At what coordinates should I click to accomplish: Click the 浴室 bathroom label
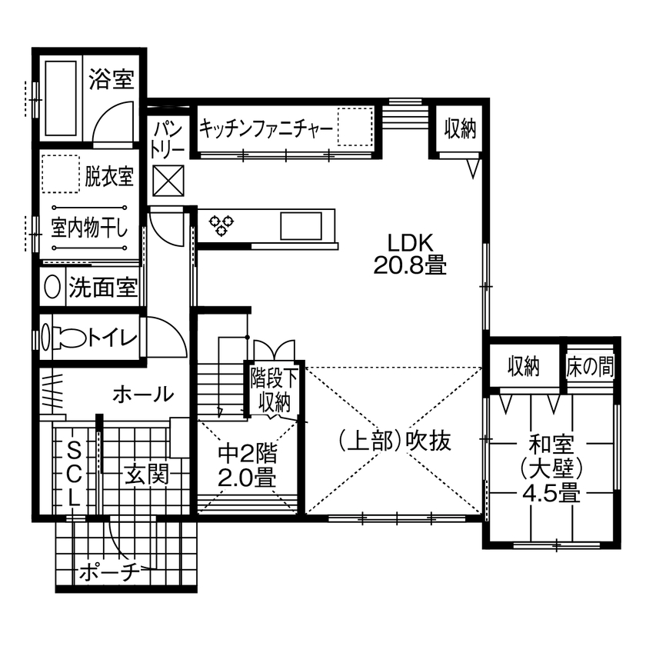coord(112,78)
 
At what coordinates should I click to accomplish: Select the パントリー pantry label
coord(165,138)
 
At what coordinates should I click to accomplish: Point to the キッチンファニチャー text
coord(266,129)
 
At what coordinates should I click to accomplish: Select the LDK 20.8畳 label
coord(411,254)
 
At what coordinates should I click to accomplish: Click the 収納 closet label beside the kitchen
coord(460,129)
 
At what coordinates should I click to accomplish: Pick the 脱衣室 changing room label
coord(109,176)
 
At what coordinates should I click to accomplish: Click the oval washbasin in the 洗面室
coord(53,287)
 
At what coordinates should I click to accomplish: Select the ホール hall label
coord(143,395)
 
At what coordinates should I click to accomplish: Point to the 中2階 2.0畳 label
coord(246,465)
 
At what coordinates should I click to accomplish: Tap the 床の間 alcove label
coord(591,367)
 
